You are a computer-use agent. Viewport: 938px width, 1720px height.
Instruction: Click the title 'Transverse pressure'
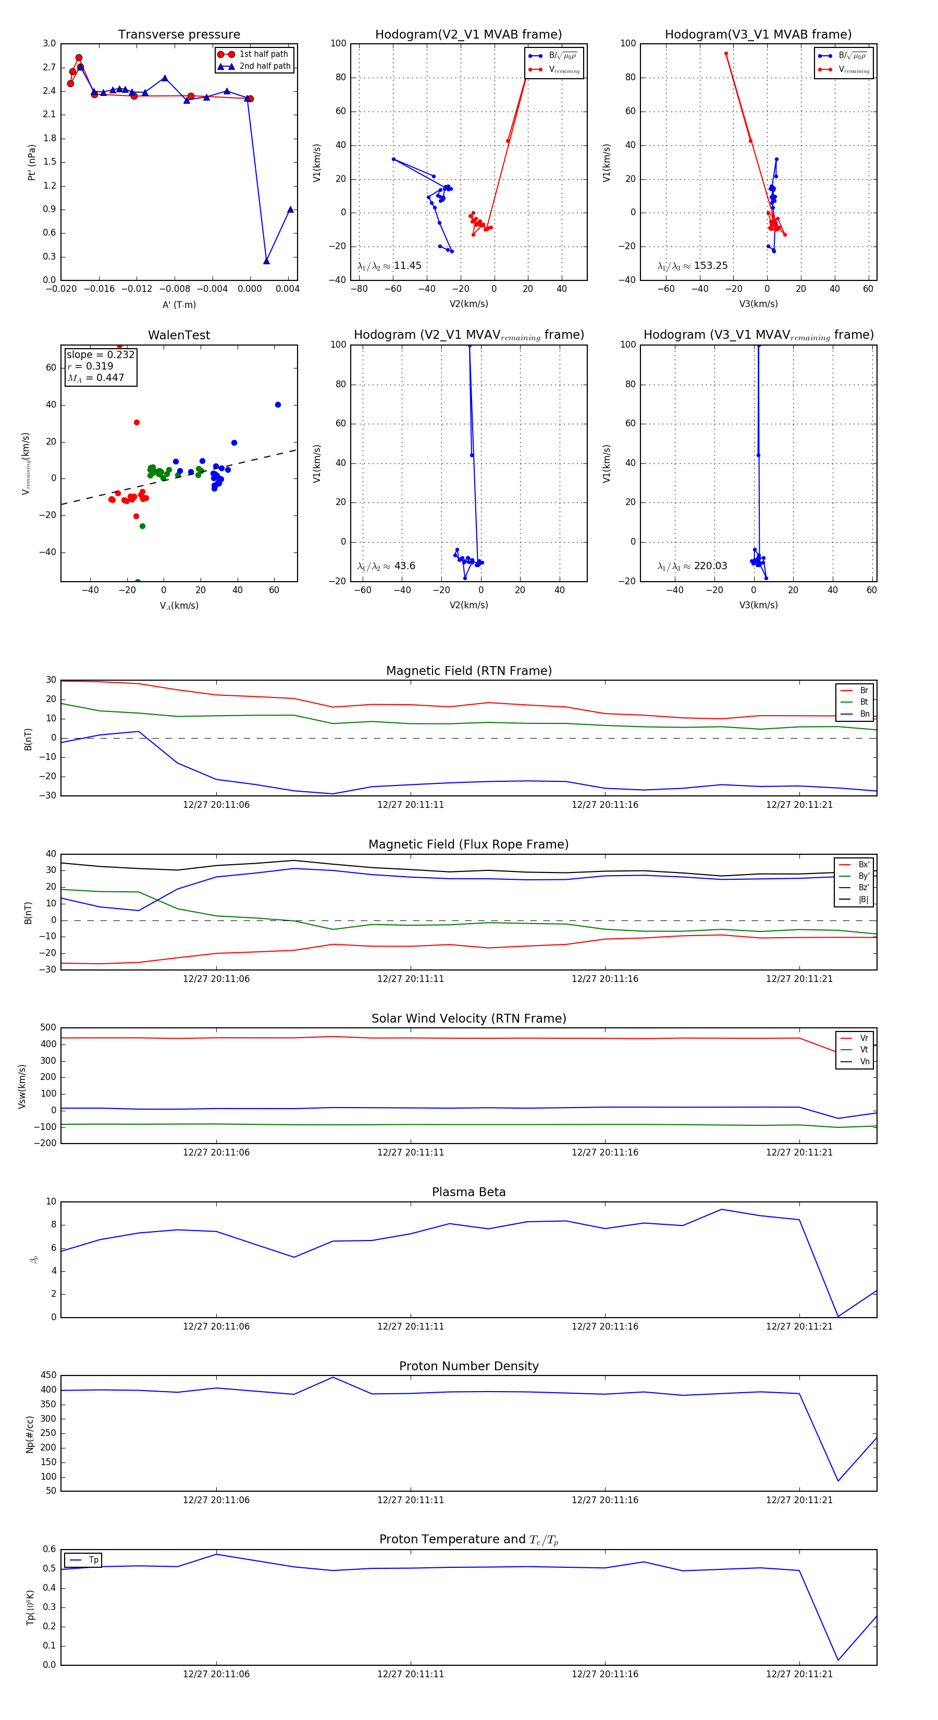click(179, 35)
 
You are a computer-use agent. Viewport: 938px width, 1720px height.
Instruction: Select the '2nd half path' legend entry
click(264, 66)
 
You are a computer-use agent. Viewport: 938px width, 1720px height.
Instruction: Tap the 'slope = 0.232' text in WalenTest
click(100, 354)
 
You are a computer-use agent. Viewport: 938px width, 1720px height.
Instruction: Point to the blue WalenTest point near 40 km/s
click(278, 404)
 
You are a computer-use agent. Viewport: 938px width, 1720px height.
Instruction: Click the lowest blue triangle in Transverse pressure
click(266, 261)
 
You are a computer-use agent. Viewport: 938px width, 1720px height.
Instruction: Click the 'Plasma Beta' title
click(468, 1192)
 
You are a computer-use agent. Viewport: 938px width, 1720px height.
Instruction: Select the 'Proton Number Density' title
click(468, 1366)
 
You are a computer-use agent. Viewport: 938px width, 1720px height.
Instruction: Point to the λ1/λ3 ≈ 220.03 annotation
click(693, 566)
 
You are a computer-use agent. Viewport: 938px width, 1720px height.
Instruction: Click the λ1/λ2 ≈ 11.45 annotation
click(389, 266)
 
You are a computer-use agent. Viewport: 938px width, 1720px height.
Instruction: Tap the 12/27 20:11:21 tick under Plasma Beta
click(799, 1326)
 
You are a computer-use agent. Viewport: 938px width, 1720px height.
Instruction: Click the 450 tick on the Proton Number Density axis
click(49, 1375)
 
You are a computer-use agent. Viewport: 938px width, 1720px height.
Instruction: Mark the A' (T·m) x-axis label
click(179, 304)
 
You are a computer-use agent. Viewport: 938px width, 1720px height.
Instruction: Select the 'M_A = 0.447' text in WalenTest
click(95, 378)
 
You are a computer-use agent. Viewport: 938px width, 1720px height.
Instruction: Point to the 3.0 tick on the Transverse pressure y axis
click(50, 43)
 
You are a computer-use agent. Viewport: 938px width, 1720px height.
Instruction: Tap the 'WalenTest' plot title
click(179, 335)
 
